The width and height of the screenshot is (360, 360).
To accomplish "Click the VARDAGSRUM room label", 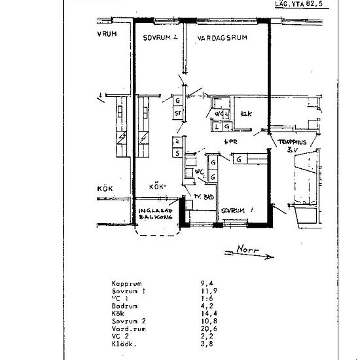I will click(222, 39).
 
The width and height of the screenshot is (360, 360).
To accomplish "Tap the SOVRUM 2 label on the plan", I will click(161, 38).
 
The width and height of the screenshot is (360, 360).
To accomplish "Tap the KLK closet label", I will click(247, 114).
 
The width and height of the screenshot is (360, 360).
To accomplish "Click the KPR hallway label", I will click(230, 141).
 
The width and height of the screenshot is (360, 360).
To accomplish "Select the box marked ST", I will click(177, 113).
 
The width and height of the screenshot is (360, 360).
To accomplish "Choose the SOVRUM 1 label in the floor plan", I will click(237, 211).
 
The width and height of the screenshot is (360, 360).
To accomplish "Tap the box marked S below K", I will click(177, 153).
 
